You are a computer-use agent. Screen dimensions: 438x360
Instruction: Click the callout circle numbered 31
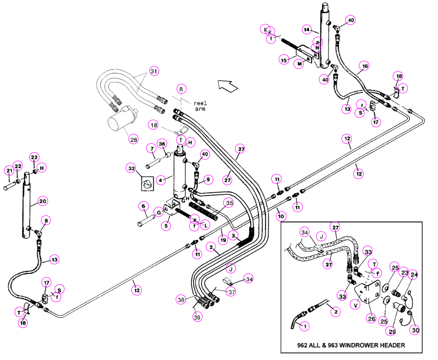pos(154,71)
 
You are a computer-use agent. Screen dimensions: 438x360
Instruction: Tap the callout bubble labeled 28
pos(134,139)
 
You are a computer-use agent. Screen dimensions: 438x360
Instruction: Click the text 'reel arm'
pos(200,106)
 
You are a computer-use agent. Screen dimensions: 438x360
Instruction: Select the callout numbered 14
pos(307,30)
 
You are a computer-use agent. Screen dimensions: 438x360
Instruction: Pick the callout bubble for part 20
pos(42,201)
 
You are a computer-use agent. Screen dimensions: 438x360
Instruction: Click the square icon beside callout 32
pos(147,184)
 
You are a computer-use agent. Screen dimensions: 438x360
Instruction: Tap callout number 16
pos(365,66)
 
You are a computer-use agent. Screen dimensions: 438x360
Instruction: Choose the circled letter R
pos(181,90)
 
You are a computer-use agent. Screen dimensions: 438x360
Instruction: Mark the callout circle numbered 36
pos(162,144)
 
